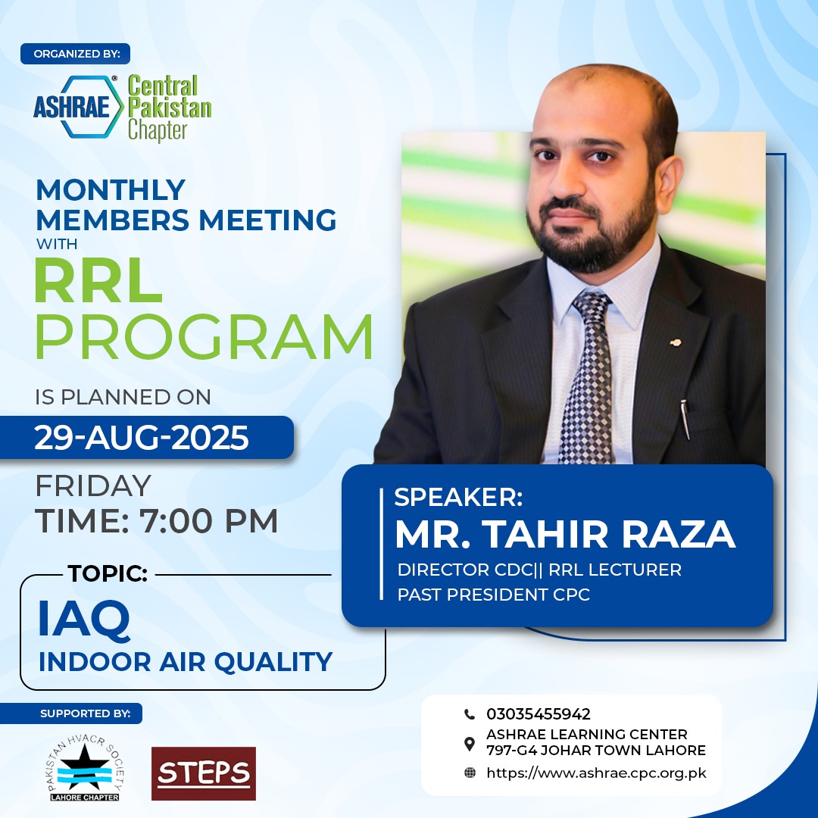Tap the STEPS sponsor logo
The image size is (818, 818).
(x=204, y=773)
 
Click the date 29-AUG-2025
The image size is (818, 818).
(x=142, y=437)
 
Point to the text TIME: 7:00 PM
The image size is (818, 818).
(x=157, y=520)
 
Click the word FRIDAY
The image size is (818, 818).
(x=93, y=485)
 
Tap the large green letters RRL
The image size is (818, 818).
(x=98, y=281)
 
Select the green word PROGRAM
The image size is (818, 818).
(x=204, y=336)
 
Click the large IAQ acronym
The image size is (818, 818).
(x=83, y=620)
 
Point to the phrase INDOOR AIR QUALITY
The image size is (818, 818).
(x=186, y=661)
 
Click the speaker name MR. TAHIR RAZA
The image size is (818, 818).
(x=565, y=534)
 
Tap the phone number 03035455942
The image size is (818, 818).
(x=539, y=713)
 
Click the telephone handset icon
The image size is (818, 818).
(x=470, y=713)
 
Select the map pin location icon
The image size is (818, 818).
(x=470, y=745)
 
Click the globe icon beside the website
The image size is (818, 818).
(x=470, y=773)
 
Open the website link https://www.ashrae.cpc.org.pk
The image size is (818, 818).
(x=596, y=773)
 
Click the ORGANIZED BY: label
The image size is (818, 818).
(x=76, y=54)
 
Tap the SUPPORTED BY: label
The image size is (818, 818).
(x=85, y=713)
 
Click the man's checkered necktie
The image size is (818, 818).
(x=588, y=376)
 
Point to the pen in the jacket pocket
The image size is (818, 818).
(x=685, y=419)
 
